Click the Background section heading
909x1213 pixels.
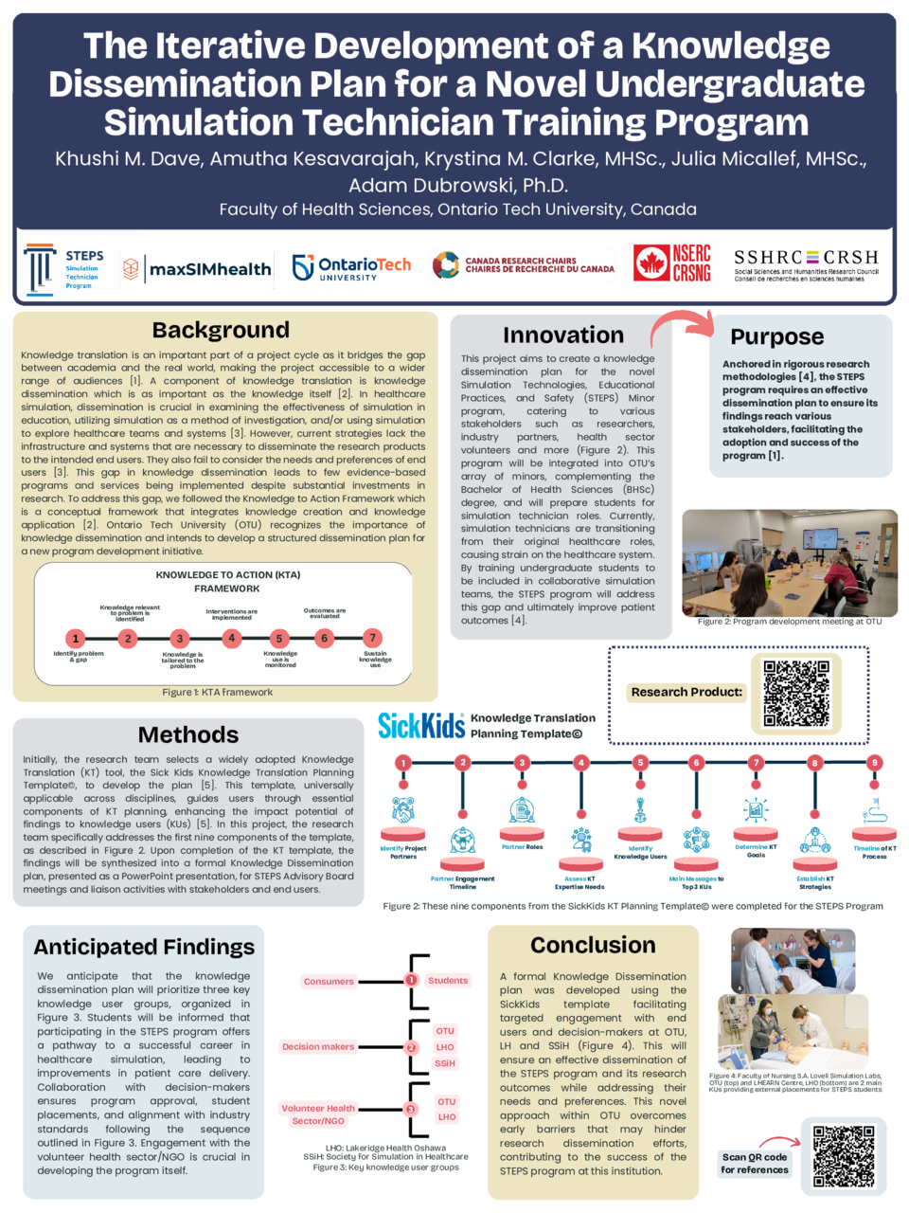(x=221, y=330)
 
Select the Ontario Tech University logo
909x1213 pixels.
(x=351, y=268)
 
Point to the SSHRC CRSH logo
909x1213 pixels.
(x=806, y=264)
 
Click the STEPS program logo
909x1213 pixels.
(x=63, y=269)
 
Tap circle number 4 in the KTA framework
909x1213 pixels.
(x=231, y=638)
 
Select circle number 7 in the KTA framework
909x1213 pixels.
(x=373, y=638)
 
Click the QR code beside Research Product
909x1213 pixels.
(x=796, y=693)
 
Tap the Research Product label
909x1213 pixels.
(x=686, y=693)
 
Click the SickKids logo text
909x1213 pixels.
(x=421, y=726)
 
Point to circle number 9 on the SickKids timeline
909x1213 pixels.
(x=875, y=762)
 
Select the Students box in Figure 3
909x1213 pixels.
(x=447, y=981)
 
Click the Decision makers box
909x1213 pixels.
(x=318, y=1047)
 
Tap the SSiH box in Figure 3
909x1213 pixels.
(x=445, y=1064)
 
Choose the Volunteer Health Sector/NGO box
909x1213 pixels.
(x=318, y=1114)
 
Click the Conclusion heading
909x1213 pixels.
(x=593, y=946)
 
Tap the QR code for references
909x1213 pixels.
(x=844, y=1156)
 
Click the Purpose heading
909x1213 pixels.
(x=776, y=337)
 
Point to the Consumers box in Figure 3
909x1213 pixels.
(x=329, y=982)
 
